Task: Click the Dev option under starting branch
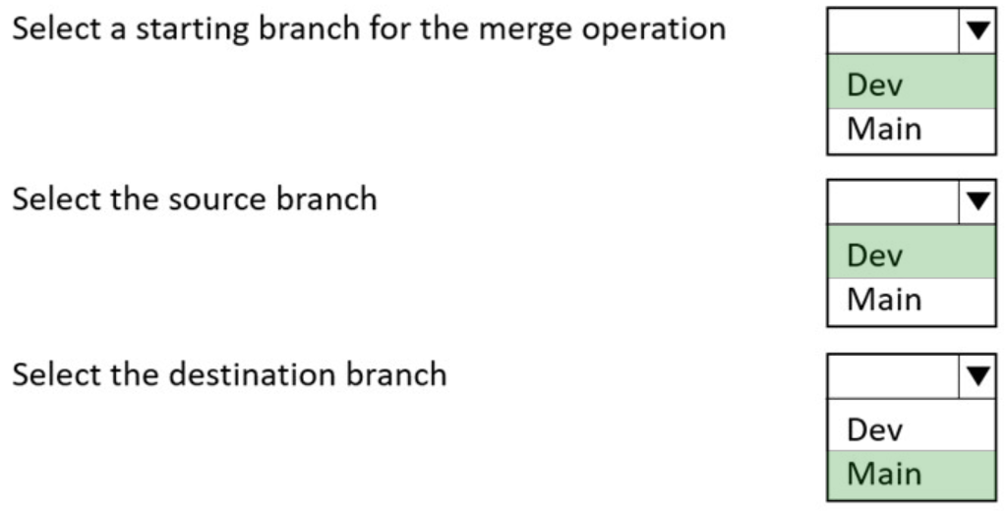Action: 875,85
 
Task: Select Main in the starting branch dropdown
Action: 883,129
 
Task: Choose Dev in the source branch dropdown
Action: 875,255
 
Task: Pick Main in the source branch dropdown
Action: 883,300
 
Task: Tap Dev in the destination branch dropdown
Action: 875,429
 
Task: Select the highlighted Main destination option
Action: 883,474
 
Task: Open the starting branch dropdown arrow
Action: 977,30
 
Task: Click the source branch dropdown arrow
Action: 977,200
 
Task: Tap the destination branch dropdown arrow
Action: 977,374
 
